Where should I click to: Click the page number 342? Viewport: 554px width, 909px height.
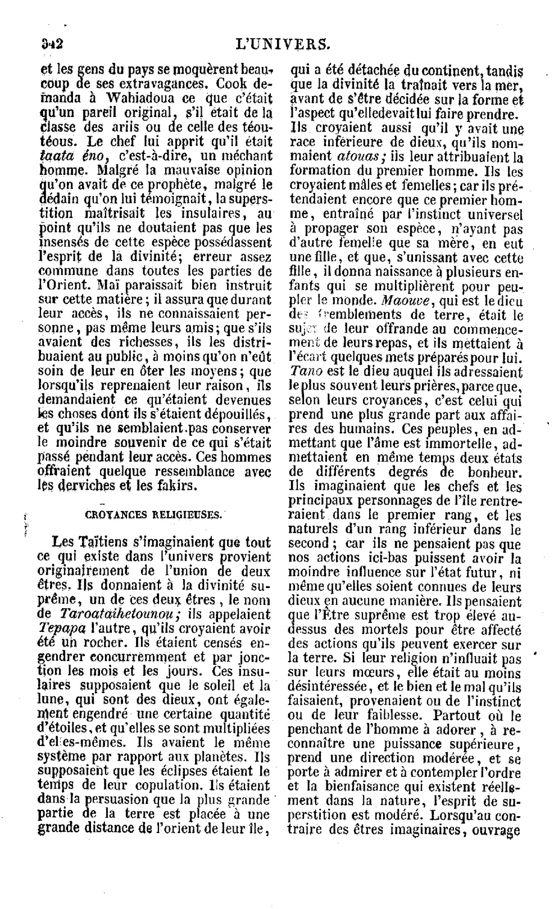click(x=50, y=43)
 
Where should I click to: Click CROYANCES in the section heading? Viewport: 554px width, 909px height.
click(x=112, y=514)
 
